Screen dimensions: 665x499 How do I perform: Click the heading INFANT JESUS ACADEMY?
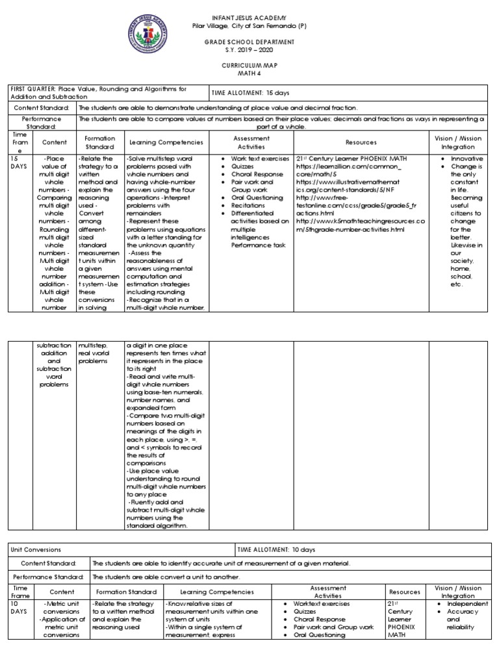pos(249,16)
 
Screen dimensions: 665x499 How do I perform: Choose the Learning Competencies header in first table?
pos(166,142)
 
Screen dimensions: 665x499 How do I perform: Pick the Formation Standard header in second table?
pos(126,592)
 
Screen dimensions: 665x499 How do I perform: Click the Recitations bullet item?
pos(246,204)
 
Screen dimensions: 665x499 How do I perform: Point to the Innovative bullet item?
pos(467,158)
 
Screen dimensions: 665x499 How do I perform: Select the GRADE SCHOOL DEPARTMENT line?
pos(249,41)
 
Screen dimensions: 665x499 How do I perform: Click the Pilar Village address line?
pos(249,25)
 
